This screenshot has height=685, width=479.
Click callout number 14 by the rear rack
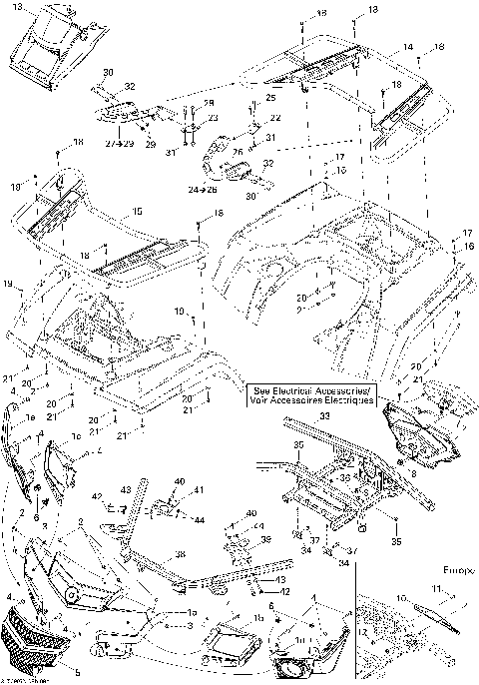(408, 47)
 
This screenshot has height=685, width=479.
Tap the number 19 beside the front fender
(9, 285)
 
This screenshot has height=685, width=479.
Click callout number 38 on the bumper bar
(180, 555)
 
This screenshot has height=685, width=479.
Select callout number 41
(198, 489)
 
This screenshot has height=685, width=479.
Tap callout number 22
(275, 118)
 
